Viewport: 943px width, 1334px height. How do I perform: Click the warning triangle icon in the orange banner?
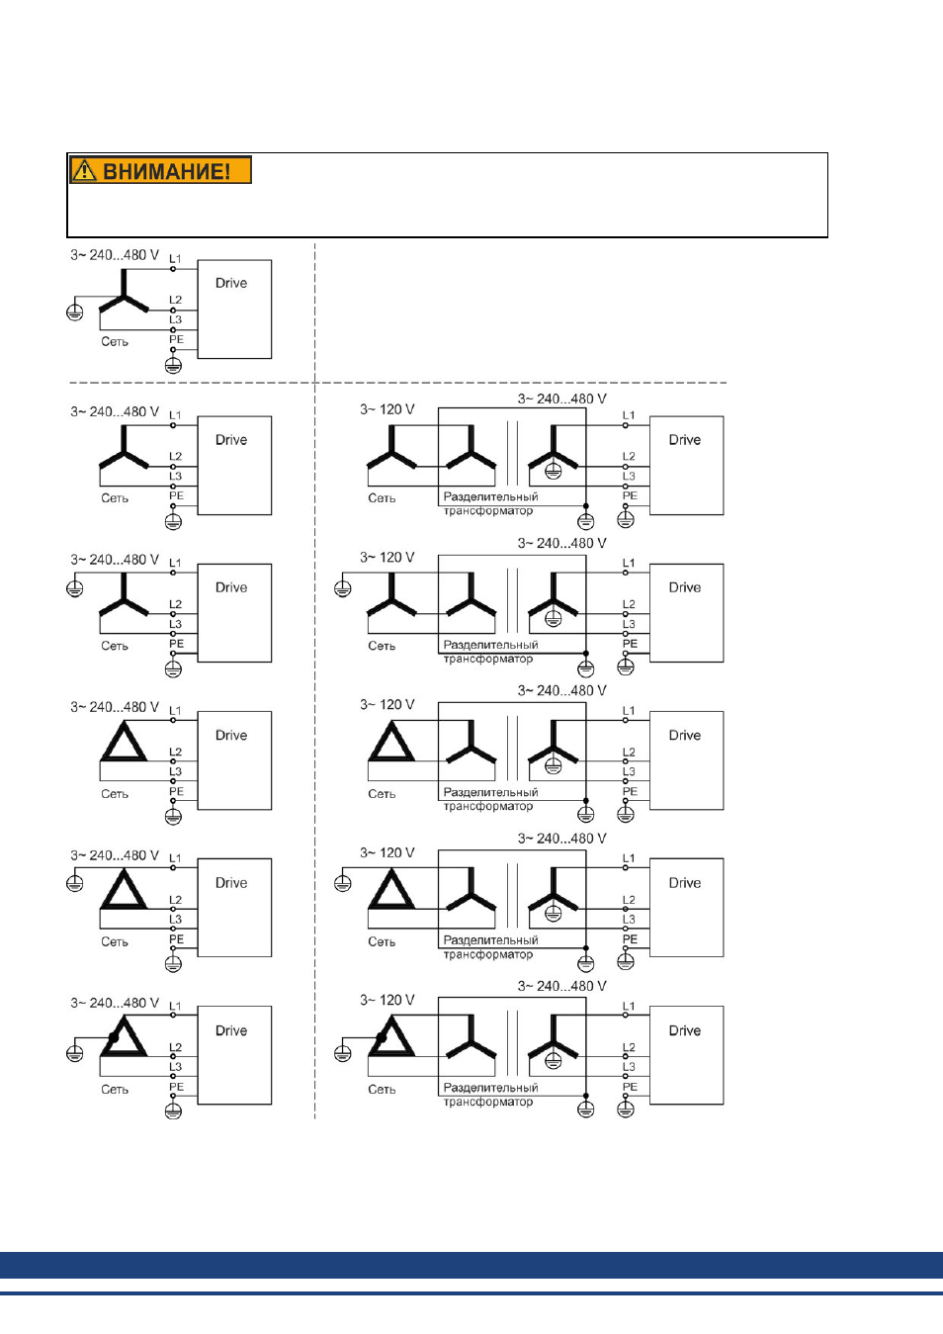pos(85,170)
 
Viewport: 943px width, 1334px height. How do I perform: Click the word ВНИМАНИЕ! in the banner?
pos(167,171)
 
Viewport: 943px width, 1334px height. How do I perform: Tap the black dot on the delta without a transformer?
pos(113,1037)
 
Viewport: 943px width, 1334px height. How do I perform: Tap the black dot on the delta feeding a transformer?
pos(381,1037)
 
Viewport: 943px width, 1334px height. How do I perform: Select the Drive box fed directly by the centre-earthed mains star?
pos(234,310)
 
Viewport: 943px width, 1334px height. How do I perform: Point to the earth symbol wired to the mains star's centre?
pos(74,311)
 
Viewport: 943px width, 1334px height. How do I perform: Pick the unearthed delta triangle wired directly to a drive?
pos(124,741)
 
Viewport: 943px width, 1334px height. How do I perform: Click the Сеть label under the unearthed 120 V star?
pos(382,497)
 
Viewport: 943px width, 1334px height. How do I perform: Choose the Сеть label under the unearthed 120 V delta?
pos(382,793)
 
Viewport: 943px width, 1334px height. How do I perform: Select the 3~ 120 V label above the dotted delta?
pos(386,1000)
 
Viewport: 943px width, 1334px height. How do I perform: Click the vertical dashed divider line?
pos(314,680)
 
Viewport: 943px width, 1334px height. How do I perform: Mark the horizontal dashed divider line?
pos(397,383)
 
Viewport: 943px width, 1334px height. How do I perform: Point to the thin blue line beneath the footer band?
pos(471,1293)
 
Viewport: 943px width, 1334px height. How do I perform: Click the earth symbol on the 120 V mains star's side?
pos(342,588)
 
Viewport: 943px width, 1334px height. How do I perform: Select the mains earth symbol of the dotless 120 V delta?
pos(342,883)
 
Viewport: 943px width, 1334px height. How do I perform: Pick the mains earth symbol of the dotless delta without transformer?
pos(74,883)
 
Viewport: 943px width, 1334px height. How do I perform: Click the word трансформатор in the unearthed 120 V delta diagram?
pos(488,806)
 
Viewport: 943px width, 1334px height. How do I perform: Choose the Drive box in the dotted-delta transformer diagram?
pos(686,1055)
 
